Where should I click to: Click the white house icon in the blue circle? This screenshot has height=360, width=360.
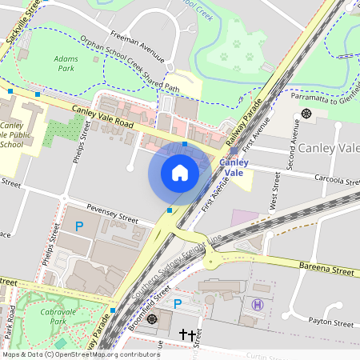(x=180, y=173)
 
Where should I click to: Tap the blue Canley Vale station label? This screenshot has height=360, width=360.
(x=234, y=167)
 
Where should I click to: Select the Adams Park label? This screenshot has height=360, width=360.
(x=67, y=64)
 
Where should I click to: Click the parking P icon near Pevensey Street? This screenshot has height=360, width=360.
(x=78, y=227)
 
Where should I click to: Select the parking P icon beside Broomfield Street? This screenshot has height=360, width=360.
(x=178, y=303)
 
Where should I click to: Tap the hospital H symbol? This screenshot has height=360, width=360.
(x=258, y=304)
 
